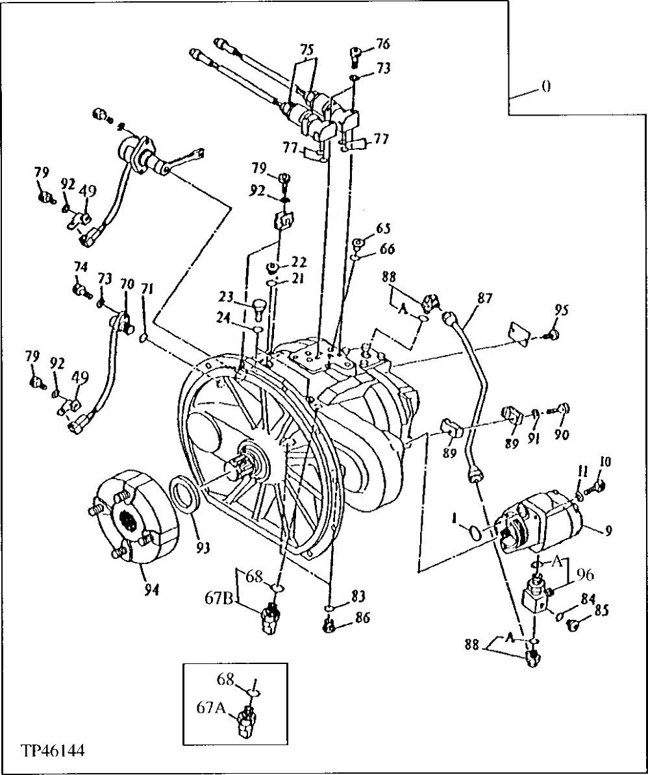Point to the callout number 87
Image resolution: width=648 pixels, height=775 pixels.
[484, 299]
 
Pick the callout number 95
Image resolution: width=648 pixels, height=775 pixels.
[562, 310]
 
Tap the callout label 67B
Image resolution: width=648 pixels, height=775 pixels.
[219, 596]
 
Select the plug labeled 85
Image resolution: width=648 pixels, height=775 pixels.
[573, 624]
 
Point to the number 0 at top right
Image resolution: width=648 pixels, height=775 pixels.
[546, 86]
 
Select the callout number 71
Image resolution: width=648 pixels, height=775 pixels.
[147, 289]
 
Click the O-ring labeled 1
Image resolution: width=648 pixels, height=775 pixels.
[475, 533]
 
